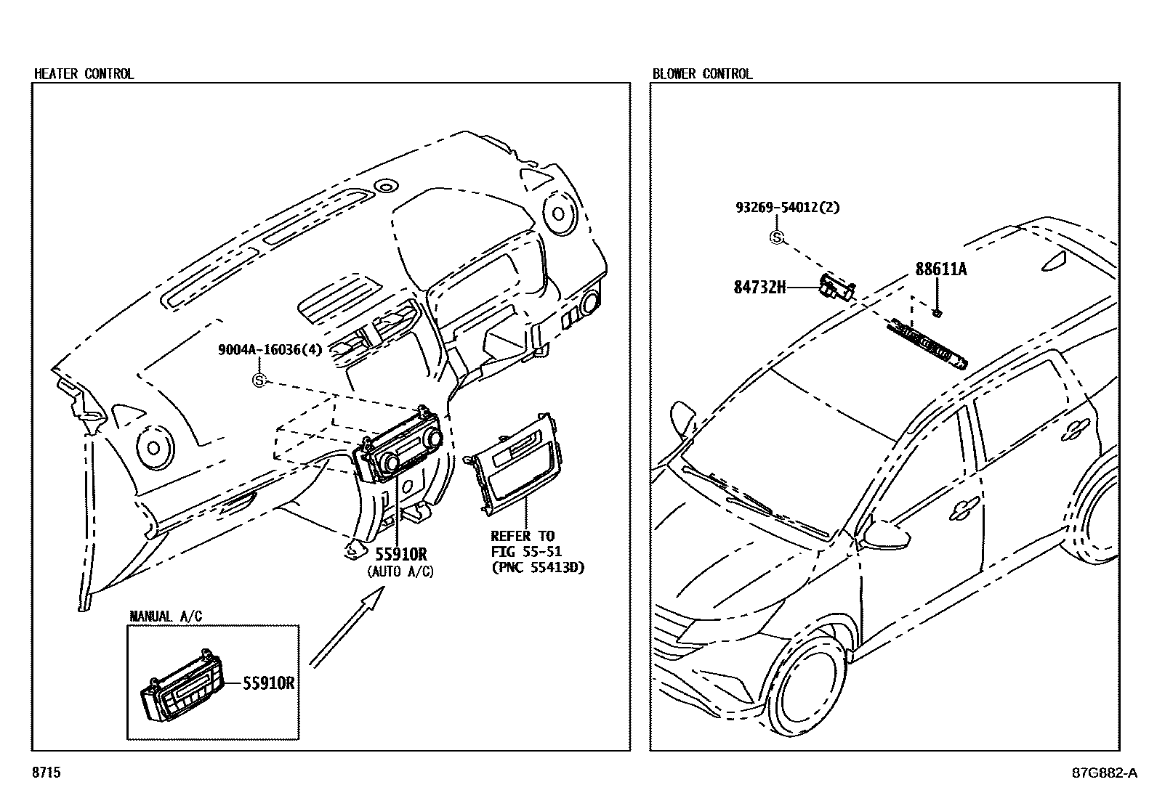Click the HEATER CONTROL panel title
click(x=84, y=73)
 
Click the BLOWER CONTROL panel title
click(x=702, y=73)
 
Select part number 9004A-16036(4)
click(x=270, y=349)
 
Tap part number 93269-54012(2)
click(x=787, y=207)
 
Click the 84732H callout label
click(x=759, y=287)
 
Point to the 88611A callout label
click(x=941, y=269)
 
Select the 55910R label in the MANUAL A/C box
click(x=268, y=683)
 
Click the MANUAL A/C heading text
click(x=166, y=616)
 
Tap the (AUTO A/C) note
click(x=400, y=572)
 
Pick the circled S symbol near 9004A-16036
click(x=259, y=379)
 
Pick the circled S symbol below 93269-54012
click(x=777, y=237)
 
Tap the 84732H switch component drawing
click(x=836, y=288)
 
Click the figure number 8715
click(x=46, y=773)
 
